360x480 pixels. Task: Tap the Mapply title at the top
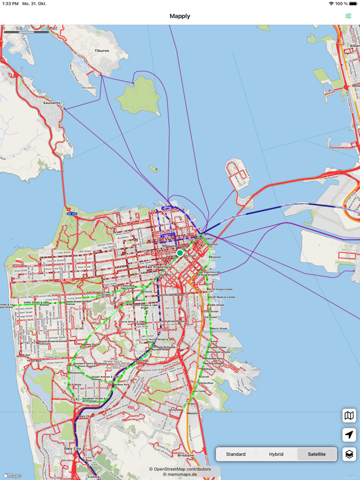tap(180, 16)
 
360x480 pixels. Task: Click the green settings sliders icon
tap(349, 16)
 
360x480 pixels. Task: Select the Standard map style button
tap(236, 454)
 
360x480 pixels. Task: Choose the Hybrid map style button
tap(276, 454)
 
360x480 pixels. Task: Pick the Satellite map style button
tap(317, 454)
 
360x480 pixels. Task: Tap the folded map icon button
tap(349, 415)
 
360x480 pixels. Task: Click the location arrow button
tap(349, 435)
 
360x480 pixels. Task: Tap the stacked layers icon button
tap(349, 454)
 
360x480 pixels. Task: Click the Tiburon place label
tap(102, 51)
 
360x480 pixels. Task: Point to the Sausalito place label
tap(51, 103)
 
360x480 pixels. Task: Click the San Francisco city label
tap(158, 267)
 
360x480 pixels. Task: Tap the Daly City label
tap(72, 449)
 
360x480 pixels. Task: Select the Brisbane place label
tap(186, 455)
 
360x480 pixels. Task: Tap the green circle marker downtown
tap(180, 253)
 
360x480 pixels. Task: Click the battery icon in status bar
tap(353, 4)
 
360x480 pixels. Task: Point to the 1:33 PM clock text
tap(10, 4)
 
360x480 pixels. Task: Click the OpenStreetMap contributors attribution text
tap(180, 469)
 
